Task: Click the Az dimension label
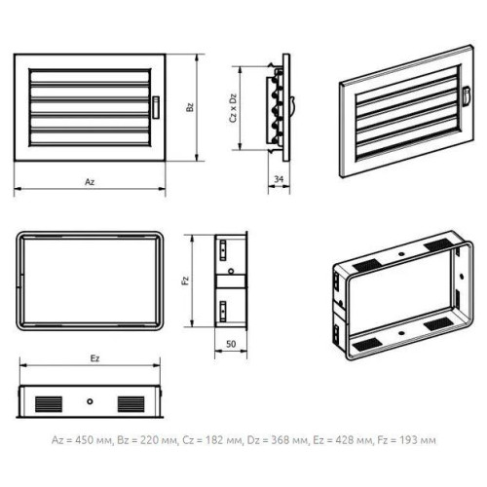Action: point(90,182)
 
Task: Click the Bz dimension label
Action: point(190,107)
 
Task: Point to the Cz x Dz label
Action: point(233,108)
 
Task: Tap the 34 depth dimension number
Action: point(279,179)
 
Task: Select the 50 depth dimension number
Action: point(231,344)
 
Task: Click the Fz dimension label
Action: point(185,281)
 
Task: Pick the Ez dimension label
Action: point(94,358)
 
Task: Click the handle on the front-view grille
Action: point(156,107)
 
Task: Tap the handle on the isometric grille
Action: point(466,95)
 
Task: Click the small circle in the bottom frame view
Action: point(90,401)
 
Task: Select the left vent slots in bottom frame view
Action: point(49,404)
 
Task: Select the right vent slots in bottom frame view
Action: point(131,404)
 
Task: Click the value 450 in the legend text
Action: point(85,440)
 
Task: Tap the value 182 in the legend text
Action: point(214,440)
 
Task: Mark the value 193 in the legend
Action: point(408,440)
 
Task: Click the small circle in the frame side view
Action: point(231,271)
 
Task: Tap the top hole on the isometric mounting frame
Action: point(401,253)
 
